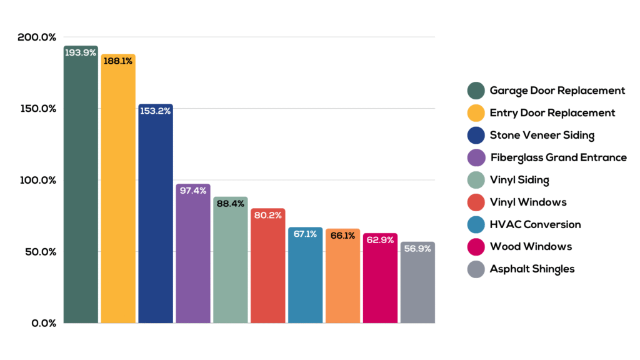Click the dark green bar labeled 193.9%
coord(81,187)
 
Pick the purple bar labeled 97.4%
coord(193,256)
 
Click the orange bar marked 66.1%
coord(342,278)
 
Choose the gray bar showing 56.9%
coord(417,284)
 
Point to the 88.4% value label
coord(231,204)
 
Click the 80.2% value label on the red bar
coord(268,215)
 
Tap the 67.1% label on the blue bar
coord(306,234)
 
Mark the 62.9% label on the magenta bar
coord(380,240)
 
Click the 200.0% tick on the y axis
coord(37,37)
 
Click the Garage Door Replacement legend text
coord(557,91)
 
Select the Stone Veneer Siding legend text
coord(542,135)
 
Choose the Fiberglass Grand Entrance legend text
coord(558,157)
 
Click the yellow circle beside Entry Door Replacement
coord(476,113)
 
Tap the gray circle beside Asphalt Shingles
coord(476,269)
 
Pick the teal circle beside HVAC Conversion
coord(476,224)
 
